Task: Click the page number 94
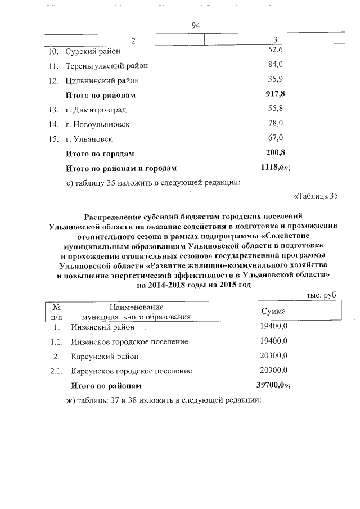tap(196, 26)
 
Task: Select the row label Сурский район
tap(93, 51)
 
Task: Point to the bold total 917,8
tap(275, 94)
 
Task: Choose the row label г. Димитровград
tap(96, 109)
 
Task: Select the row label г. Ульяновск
tap(89, 138)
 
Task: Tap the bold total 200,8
tap(275, 152)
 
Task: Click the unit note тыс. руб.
tap(322, 295)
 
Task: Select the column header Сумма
tap(273, 311)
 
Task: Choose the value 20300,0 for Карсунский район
tap(274, 356)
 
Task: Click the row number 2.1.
tap(56, 371)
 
